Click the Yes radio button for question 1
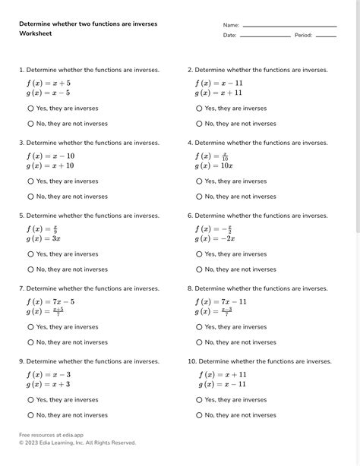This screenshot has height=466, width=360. pos(31,109)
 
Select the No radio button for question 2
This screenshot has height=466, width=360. pos(200,124)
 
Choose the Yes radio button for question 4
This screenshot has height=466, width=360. pos(200,181)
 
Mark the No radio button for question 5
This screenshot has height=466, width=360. pos(31,269)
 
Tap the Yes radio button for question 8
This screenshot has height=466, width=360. pos(200,327)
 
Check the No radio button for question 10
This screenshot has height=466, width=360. pos(200,415)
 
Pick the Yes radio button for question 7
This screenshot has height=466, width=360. pos(31,327)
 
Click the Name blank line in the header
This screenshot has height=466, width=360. pos(289,26)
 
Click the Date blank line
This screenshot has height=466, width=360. pos(265,36)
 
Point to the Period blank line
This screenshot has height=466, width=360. pos(326,36)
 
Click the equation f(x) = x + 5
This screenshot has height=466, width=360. pos(49,83)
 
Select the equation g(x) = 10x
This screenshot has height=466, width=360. pos(213,165)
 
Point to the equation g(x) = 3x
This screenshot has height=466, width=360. pos(43,238)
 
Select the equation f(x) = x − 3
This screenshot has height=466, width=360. pos(49,374)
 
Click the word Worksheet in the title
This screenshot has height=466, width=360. pos(35,34)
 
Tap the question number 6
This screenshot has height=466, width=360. pos(190,216)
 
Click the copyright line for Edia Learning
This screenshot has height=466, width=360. pos(77,442)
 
